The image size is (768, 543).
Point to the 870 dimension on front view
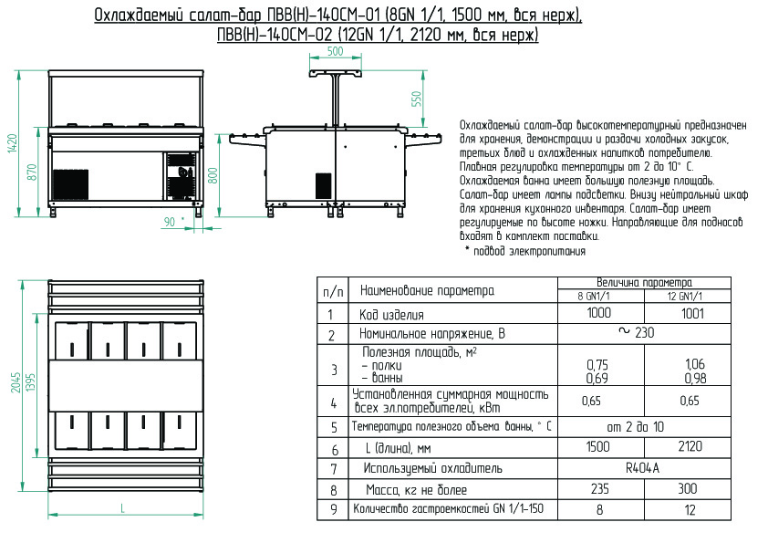(x=32, y=171)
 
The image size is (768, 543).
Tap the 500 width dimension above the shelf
(x=335, y=52)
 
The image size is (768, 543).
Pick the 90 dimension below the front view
(x=169, y=222)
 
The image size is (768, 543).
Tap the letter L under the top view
(x=121, y=507)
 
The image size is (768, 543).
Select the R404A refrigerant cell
(x=643, y=468)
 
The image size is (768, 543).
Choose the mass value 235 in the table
(x=599, y=489)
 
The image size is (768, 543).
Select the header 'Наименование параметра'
(x=428, y=291)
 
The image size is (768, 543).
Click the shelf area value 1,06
(x=694, y=365)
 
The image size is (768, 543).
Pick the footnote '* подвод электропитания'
(x=524, y=251)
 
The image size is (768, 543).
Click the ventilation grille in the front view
(x=70, y=183)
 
